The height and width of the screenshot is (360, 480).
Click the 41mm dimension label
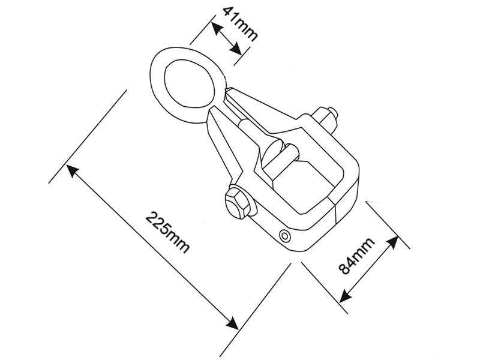[x=240, y=24]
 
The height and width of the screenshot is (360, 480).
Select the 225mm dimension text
[x=167, y=232]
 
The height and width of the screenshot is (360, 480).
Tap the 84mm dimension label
[x=356, y=254]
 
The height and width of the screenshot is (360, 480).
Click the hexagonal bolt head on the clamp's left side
[x=237, y=203]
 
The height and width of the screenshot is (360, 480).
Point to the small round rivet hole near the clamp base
[x=284, y=236]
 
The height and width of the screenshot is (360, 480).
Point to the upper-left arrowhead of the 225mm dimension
[x=73, y=170]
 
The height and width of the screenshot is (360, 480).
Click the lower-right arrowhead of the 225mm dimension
[x=232, y=323]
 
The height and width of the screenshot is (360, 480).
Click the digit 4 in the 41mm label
[x=230, y=13]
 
